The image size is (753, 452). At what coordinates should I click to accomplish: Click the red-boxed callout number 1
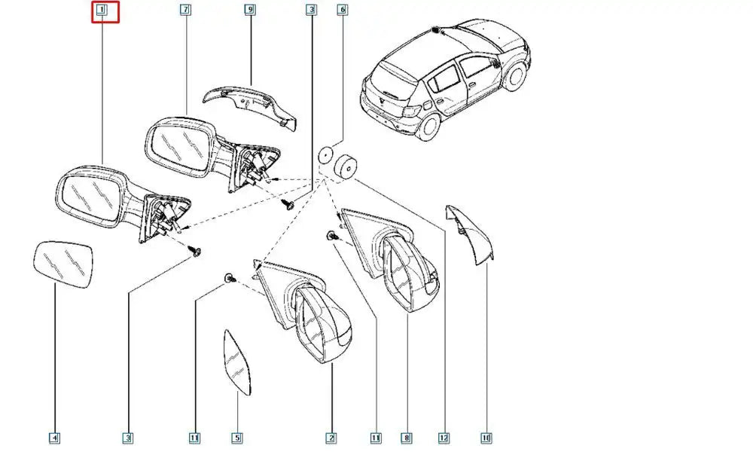pos(102,10)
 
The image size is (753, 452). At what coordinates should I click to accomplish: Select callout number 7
pos(186,10)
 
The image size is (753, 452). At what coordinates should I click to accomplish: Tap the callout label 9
pos(250,10)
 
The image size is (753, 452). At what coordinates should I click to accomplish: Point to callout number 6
pos(342,10)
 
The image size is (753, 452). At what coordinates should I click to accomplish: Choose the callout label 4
pos(54,438)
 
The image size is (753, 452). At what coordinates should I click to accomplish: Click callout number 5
pos(236,438)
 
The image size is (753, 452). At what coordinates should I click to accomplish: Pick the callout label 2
pos(331,438)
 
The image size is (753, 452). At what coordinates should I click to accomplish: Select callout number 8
pos(407,438)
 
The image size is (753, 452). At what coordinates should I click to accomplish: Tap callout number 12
pos(444,438)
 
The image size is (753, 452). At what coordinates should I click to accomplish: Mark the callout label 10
pos(486,438)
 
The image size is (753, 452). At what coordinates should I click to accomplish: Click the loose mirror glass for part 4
pos(63,264)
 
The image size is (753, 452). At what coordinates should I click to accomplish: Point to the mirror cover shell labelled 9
pos(250,107)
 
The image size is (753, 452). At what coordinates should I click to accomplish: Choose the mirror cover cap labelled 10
pos(471,235)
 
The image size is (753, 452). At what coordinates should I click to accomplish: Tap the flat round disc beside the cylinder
pos(325,154)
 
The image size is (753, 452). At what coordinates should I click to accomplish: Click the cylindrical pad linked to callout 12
pos(346,166)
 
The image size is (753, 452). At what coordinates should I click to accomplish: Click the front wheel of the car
pos(515,78)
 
